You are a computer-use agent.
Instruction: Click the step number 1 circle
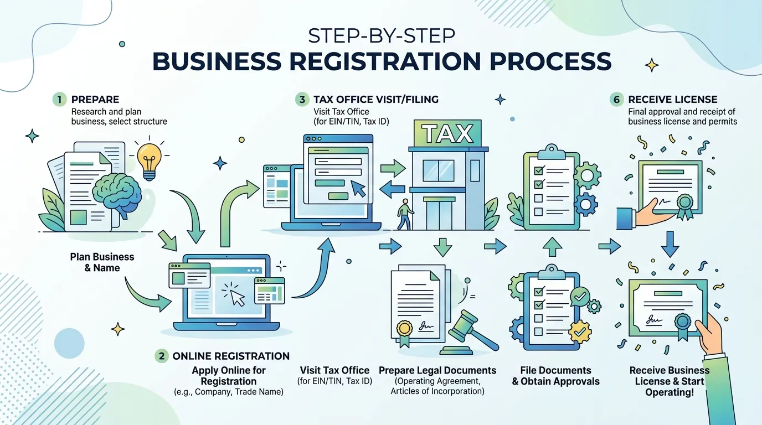point(60,100)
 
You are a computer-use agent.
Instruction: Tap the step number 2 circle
point(162,356)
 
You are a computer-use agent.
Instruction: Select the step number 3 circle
point(302,100)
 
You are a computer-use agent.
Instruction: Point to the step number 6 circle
point(617,100)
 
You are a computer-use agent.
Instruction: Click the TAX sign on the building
point(447,133)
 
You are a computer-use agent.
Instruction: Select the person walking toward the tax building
point(405,215)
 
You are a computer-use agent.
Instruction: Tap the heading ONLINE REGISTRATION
point(231,356)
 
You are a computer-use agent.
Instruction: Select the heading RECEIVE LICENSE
point(672,100)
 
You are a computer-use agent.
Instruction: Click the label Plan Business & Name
point(102,262)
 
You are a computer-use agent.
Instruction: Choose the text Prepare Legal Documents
point(437,370)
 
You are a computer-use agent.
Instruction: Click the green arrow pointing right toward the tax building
point(393,168)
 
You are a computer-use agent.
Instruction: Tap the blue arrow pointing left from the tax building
point(392,189)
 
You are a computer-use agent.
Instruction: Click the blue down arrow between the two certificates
point(670,244)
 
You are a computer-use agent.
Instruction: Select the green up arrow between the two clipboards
point(552,247)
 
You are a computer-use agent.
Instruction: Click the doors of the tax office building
point(439,215)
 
